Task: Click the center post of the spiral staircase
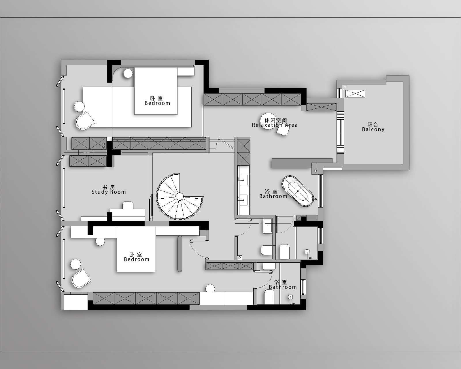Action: coord(180,196)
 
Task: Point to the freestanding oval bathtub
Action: coord(298,191)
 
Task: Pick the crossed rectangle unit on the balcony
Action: coord(355,93)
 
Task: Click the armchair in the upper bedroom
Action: coord(85,121)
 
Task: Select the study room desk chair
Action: coord(128,205)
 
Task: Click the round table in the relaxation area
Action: coord(268,121)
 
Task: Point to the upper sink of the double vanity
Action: coord(243,180)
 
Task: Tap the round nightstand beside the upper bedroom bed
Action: coord(128,73)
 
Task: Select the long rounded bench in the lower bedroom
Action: coord(180,254)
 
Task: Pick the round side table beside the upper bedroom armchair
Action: coord(80,106)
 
